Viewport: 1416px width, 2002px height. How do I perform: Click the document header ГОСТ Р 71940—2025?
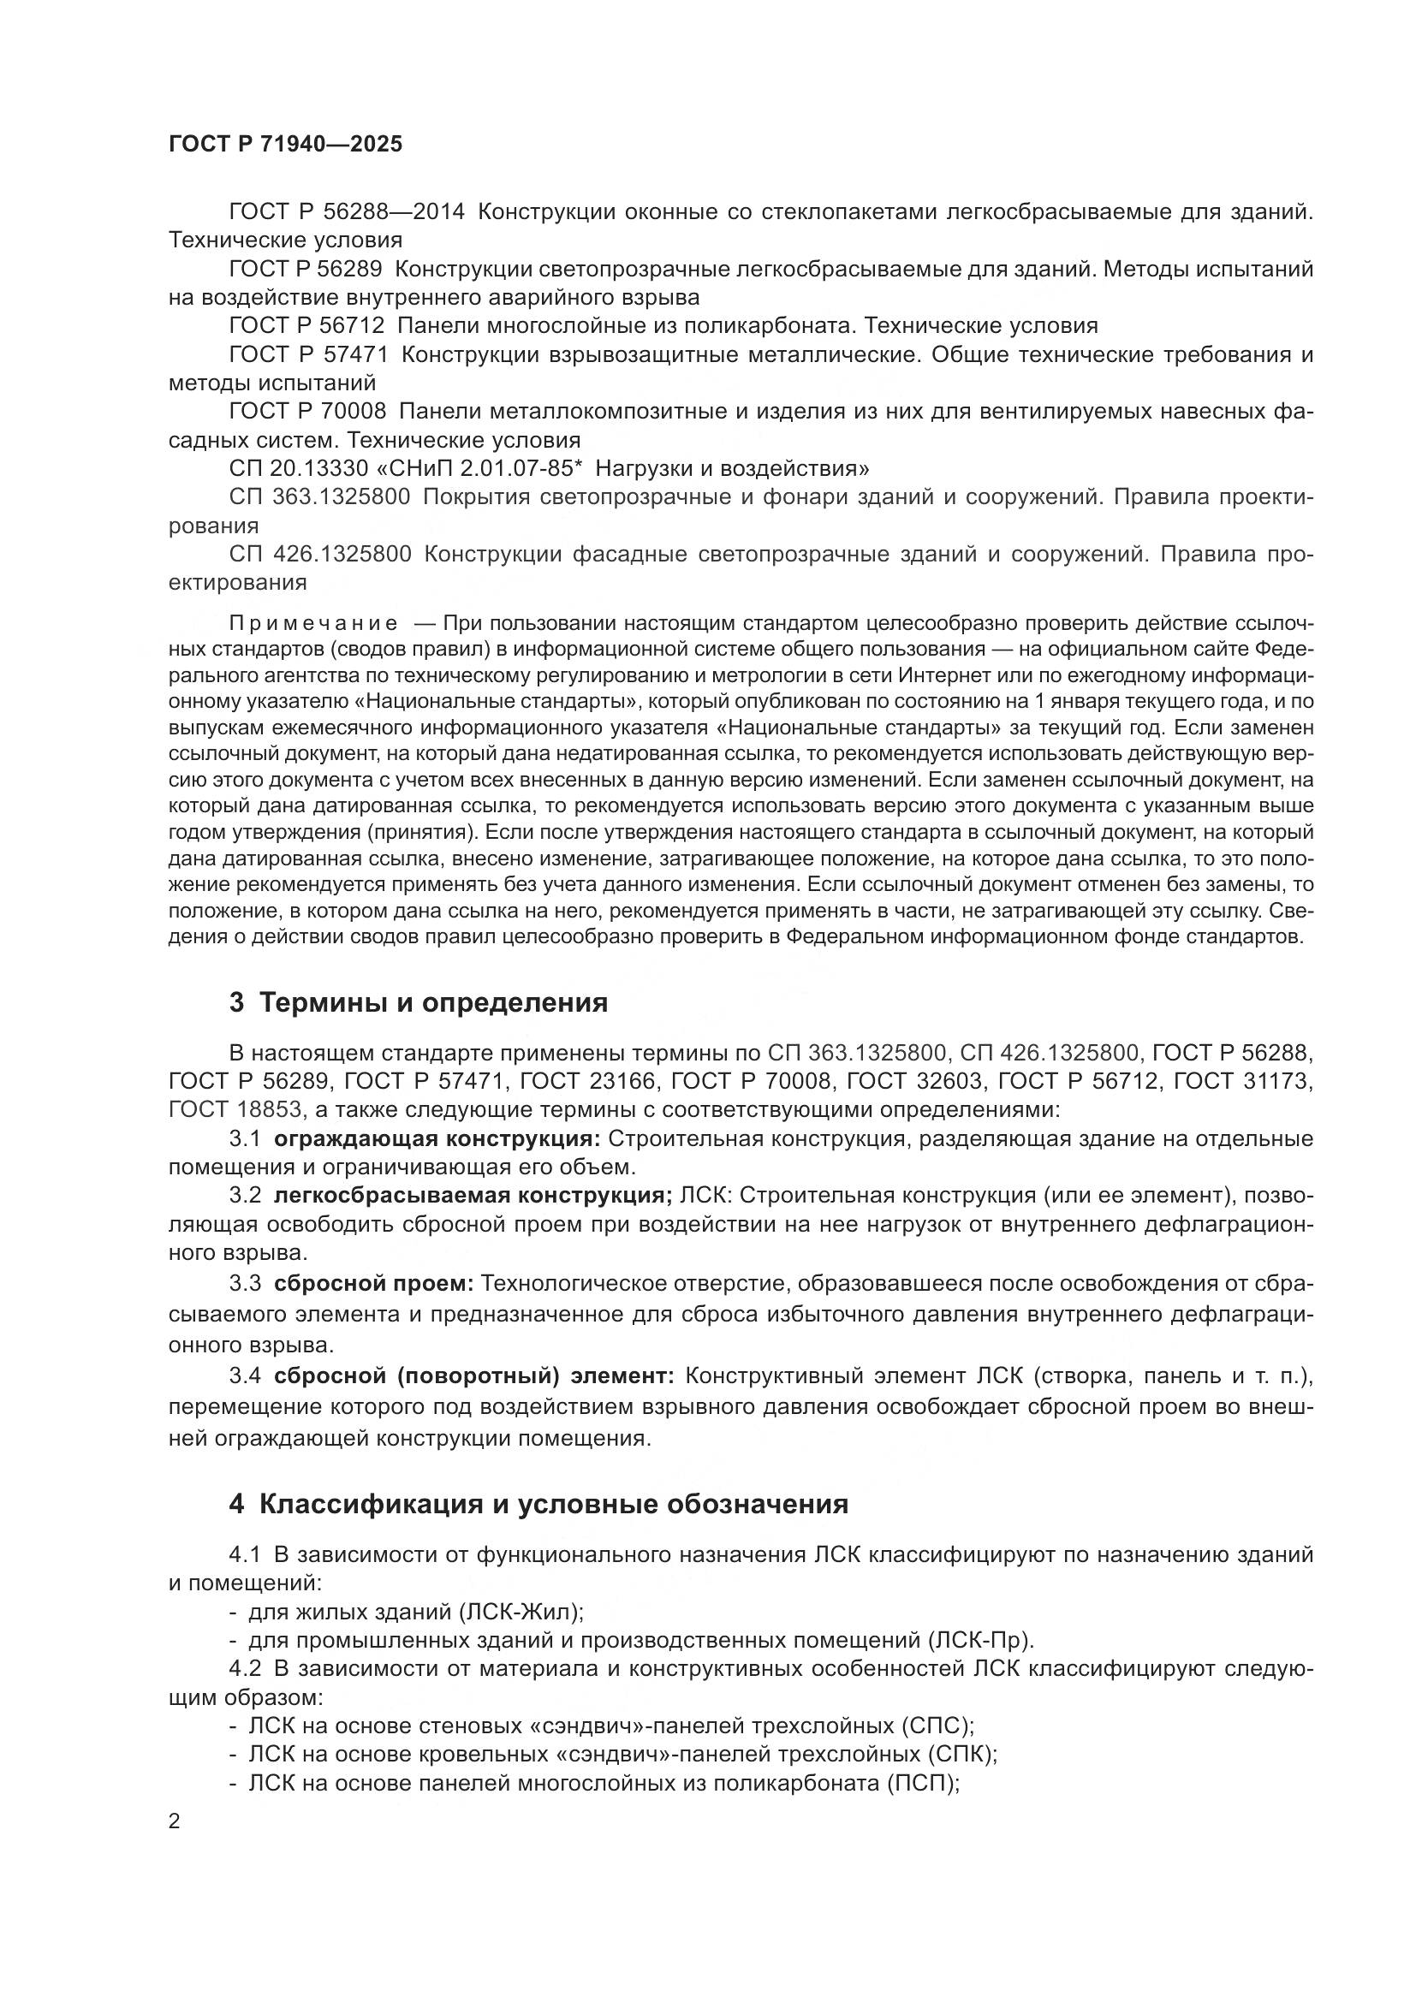(x=285, y=145)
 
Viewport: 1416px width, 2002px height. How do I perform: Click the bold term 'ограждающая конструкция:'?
(x=437, y=1138)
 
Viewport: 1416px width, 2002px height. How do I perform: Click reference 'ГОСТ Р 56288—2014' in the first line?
(x=347, y=212)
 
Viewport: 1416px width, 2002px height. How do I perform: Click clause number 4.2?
(x=245, y=1669)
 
